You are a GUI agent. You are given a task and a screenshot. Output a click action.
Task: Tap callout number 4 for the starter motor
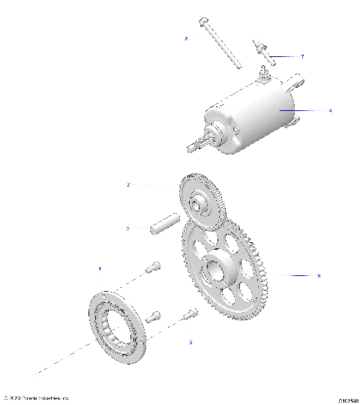pyautogui.click(x=330, y=109)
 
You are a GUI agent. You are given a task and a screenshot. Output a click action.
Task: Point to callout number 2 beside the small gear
pyautogui.click(x=128, y=184)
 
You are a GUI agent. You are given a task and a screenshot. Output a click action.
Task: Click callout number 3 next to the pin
pyautogui.click(x=128, y=228)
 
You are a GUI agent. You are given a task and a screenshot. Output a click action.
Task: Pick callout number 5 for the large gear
pyautogui.click(x=319, y=276)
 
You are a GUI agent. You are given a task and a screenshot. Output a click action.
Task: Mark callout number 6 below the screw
pyautogui.click(x=190, y=342)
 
